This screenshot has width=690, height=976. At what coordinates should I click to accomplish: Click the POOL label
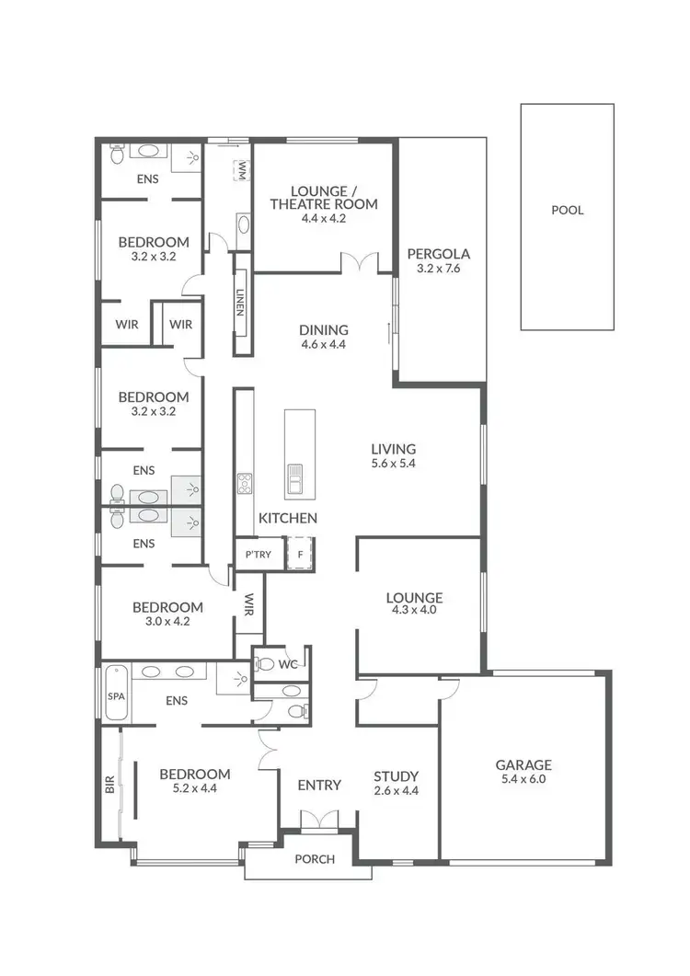(x=567, y=210)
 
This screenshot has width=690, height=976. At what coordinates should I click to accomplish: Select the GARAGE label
(x=523, y=764)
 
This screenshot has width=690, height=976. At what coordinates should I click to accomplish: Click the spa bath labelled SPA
(x=116, y=696)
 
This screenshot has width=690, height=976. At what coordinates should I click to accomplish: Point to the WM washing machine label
(x=242, y=170)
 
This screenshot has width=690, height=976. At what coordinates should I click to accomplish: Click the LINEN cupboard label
(x=241, y=304)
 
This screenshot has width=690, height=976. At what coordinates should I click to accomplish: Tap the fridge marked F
(x=300, y=554)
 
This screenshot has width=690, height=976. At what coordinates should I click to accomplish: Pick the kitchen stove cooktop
(x=245, y=483)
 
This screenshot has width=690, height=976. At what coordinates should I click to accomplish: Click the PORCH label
(x=314, y=859)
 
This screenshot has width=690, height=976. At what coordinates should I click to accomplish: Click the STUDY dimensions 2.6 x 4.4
(x=397, y=790)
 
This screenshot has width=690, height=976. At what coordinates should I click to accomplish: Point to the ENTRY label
(x=319, y=785)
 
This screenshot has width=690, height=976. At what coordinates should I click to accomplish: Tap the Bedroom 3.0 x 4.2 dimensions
(x=167, y=622)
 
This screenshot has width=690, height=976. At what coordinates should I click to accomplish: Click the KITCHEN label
(x=287, y=518)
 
